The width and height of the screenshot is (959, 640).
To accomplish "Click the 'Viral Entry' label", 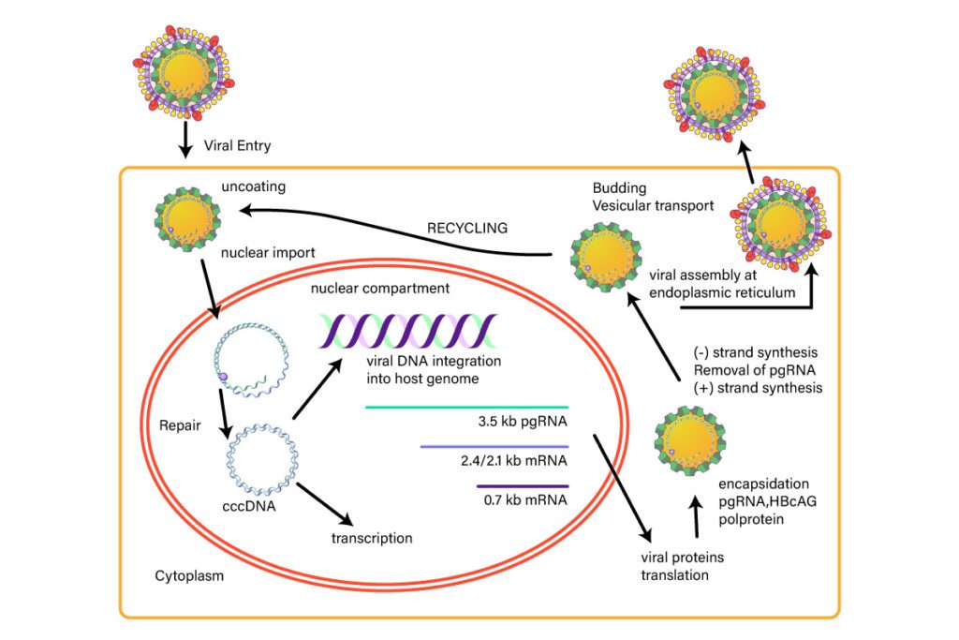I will [237, 146].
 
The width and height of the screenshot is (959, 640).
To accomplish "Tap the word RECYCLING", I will [467, 227].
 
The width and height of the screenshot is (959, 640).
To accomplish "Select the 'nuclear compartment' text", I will [380, 289].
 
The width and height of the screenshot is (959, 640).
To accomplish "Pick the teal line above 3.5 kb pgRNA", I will [466, 408].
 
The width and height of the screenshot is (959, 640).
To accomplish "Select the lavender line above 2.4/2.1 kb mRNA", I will [494, 446].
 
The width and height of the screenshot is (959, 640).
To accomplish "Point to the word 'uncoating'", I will [254, 186].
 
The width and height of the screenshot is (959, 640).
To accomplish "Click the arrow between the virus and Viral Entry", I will [184, 137].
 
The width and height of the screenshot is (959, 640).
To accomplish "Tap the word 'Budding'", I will [619, 187].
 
